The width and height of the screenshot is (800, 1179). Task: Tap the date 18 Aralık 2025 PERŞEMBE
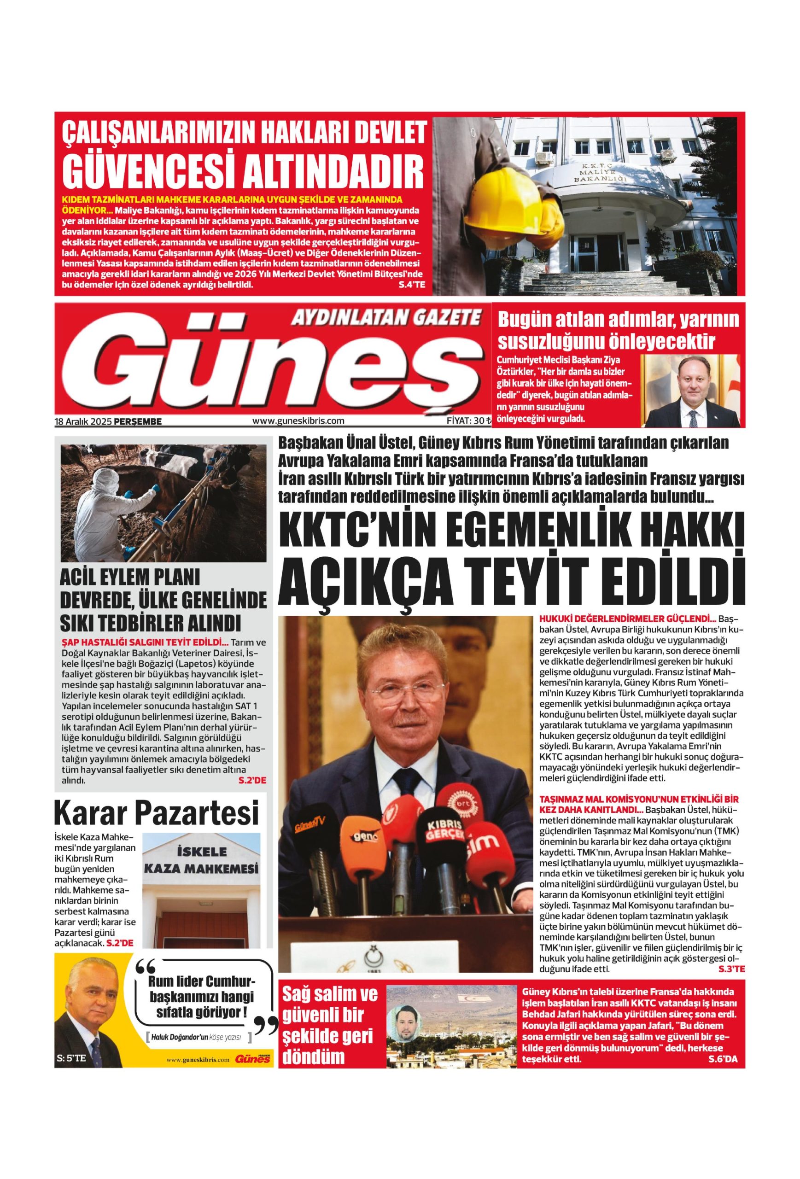tap(108, 420)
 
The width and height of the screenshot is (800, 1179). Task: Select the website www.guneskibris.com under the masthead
tap(298, 420)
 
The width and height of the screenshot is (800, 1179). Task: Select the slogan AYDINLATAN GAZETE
tap(385, 318)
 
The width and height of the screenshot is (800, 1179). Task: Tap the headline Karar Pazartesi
tap(156, 813)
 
